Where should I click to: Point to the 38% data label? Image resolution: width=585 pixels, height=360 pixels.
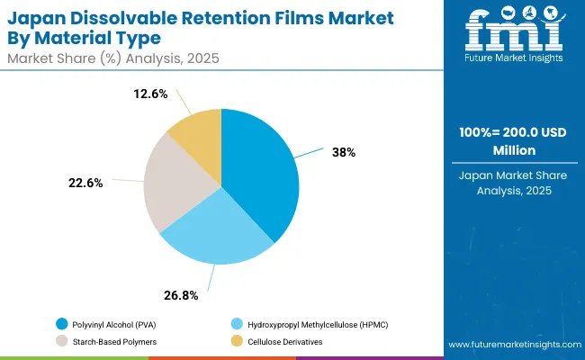pyautogui.click(x=343, y=152)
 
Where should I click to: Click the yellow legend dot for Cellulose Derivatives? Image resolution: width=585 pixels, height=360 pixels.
pyautogui.click(x=237, y=341)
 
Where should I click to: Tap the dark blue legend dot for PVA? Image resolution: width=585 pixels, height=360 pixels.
pyautogui.click(x=62, y=323)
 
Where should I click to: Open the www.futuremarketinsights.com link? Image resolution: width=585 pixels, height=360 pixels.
pyautogui.click(x=510, y=345)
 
